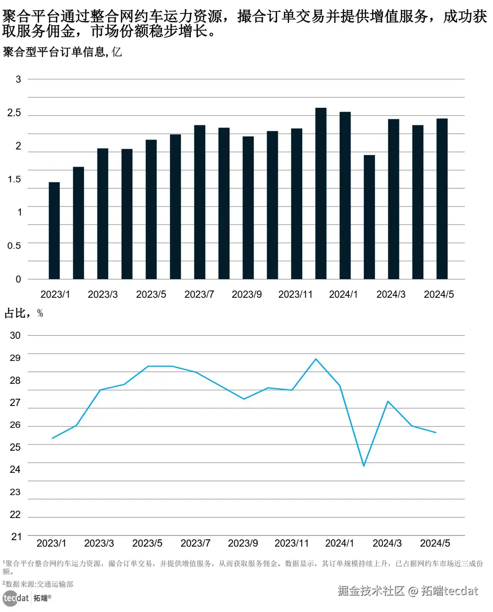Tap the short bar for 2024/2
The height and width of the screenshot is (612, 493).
(369, 217)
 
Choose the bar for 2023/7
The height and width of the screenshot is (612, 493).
(199, 202)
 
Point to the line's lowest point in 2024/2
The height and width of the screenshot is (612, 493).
(364, 466)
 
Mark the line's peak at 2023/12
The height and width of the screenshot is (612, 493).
(316, 359)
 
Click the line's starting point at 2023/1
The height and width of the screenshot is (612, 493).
(53, 438)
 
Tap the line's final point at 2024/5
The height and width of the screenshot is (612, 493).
(436, 432)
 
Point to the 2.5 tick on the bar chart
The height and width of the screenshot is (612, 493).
(14, 113)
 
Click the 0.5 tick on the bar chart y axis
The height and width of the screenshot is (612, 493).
(14, 246)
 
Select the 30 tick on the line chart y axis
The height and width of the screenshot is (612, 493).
(15, 335)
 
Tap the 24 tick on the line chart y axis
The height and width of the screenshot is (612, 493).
(15, 469)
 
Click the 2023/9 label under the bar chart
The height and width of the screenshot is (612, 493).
(246, 294)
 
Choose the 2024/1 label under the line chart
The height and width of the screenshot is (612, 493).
(339, 543)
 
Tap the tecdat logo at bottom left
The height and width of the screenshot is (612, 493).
(16, 598)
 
